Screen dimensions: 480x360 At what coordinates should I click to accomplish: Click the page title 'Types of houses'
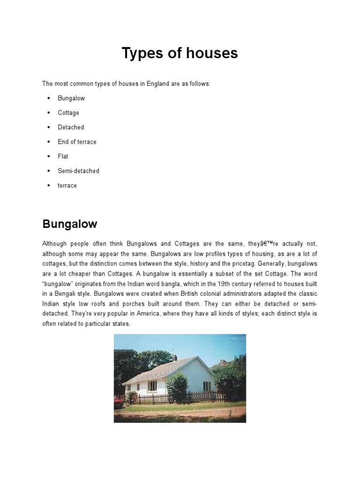180,54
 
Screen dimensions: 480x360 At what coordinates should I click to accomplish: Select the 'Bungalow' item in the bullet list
71,98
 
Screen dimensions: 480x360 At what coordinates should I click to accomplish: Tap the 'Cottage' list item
68,113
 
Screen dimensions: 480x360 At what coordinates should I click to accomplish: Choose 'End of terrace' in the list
77,142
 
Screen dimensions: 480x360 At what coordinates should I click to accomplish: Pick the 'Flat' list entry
63,157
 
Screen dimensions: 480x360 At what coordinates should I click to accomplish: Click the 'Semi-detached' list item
78,171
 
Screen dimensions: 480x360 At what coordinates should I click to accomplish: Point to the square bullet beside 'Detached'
48,127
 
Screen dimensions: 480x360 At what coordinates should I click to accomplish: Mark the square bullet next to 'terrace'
48,186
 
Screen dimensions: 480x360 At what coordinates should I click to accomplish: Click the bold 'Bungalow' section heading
69,224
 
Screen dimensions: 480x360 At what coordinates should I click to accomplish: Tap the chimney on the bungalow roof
174,357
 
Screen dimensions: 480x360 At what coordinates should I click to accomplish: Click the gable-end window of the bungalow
207,386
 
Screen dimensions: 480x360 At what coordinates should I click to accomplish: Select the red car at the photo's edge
117,400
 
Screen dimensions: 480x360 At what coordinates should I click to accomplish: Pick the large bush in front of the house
177,388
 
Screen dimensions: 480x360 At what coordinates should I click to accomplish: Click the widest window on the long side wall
152,386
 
